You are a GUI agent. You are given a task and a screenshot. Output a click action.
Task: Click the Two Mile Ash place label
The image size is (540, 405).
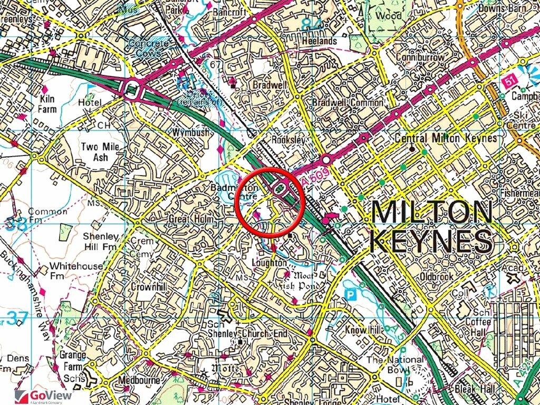tap(100, 152)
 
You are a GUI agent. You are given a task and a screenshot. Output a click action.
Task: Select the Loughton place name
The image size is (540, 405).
tap(269, 263)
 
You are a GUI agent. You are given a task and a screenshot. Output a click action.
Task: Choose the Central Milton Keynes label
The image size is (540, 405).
tap(446, 139)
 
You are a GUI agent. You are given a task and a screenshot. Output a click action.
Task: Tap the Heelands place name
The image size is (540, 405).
tap(316, 41)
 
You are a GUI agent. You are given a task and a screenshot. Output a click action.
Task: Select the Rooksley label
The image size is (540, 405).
tap(288, 140)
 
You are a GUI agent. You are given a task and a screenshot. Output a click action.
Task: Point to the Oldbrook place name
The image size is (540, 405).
tap(437, 276)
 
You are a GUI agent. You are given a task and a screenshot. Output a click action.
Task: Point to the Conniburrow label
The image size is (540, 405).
tap(420, 57)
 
